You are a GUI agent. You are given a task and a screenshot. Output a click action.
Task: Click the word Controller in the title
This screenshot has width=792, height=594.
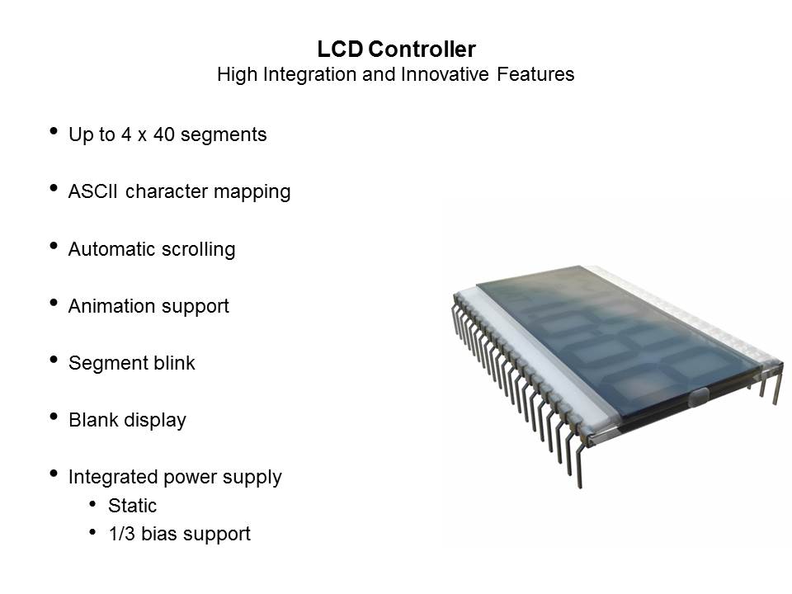click(x=422, y=49)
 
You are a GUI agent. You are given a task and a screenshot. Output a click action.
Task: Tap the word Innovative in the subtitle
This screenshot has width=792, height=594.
click(x=445, y=74)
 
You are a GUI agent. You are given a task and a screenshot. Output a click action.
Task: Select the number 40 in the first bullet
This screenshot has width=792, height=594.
click(x=163, y=134)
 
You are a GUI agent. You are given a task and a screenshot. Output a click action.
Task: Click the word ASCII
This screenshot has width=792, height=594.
click(x=92, y=191)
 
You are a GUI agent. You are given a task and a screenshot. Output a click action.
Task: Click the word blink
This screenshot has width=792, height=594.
click(x=174, y=363)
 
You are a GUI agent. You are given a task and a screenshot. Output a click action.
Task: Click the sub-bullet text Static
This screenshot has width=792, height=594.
click(x=132, y=506)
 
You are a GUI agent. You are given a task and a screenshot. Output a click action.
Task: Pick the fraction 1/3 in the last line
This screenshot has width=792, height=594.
click(x=122, y=534)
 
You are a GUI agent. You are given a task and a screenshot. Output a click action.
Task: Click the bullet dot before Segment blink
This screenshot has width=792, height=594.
click(x=54, y=360)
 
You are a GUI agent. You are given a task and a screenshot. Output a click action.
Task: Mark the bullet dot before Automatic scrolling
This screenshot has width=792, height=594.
click(x=54, y=246)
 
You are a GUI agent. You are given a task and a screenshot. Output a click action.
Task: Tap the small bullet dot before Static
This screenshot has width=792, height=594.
click(x=92, y=503)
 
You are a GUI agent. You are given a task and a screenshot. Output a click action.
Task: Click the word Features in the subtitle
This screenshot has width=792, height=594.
click(x=535, y=74)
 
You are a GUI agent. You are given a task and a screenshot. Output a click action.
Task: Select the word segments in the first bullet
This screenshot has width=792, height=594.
click(x=224, y=135)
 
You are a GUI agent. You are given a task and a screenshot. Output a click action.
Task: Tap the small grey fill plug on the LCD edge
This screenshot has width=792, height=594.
click(x=698, y=398)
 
